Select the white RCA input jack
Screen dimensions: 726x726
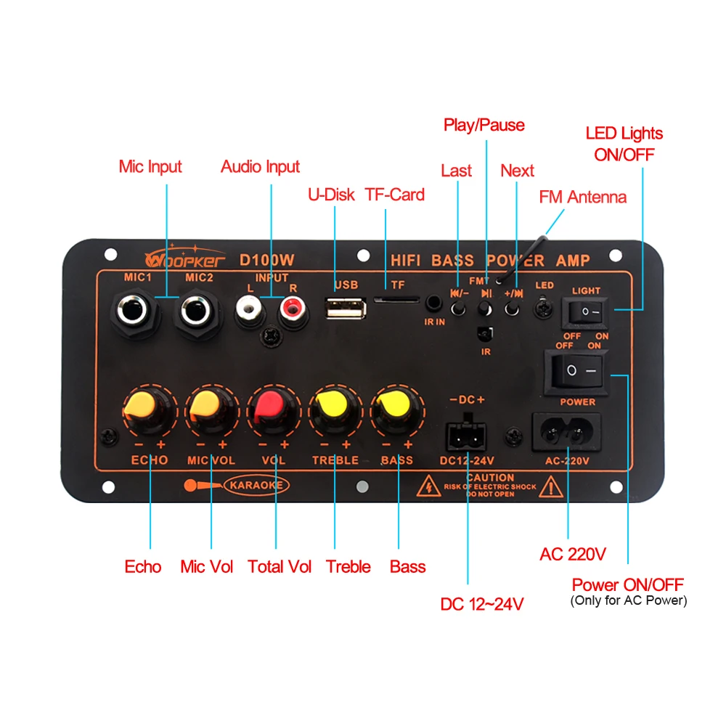pyautogui.click(x=249, y=313)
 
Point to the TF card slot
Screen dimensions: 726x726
pyautogui.click(x=396, y=299)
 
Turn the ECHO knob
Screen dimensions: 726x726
pyautogui.click(x=147, y=412)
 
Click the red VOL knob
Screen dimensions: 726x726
pyautogui.click(x=272, y=412)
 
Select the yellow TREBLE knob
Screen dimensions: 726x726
pyautogui.click(x=334, y=412)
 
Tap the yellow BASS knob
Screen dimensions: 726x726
pyautogui.click(x=396, y=412)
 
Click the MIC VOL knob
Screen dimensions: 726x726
pyautogui.click(x=210, y=412)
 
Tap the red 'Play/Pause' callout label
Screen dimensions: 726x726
pyautogui.click(x=484, y=125)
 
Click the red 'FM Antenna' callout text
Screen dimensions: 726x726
pyautogui.click(x=582, y=197)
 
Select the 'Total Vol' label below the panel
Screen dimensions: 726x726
pyautogui.click(x=280, y=567)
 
